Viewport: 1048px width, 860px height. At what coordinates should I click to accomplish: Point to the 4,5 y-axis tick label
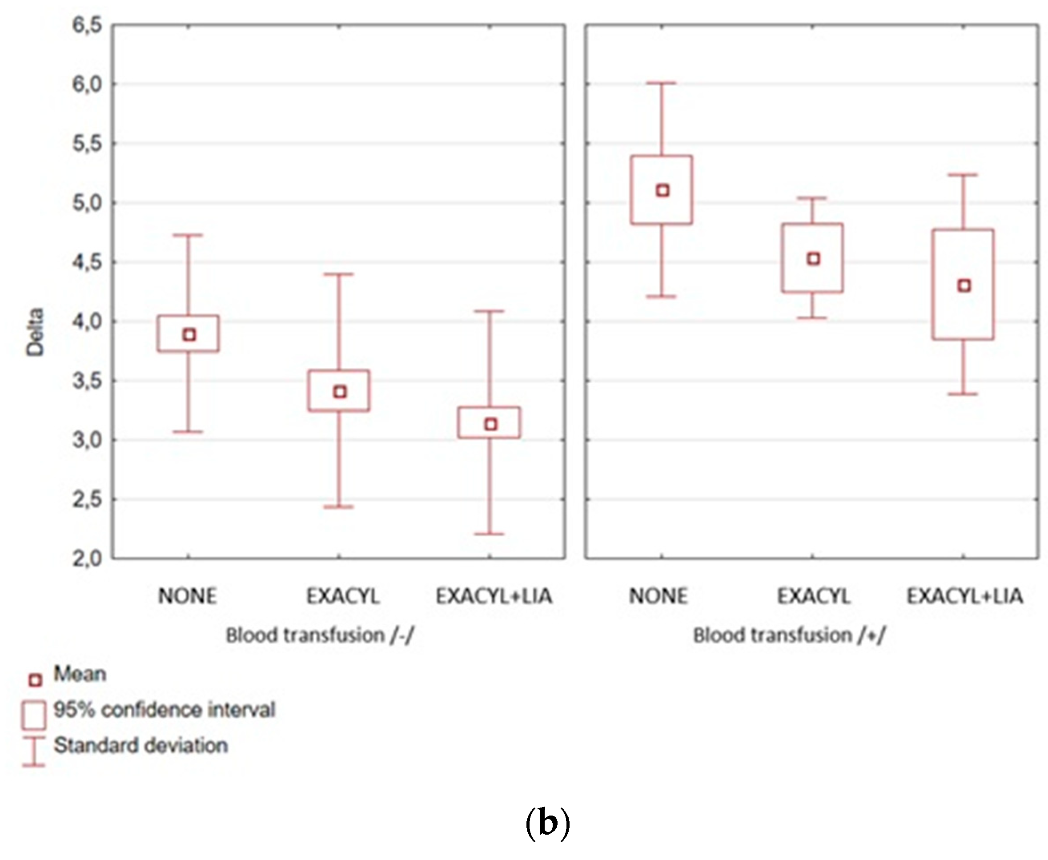click(x=87, y=262)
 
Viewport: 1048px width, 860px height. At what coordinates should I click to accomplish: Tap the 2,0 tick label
click(x=87, y=559)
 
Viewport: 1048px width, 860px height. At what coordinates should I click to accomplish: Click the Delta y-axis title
click(x=35, y=331)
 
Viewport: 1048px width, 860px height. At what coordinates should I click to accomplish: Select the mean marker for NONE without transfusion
click(x=189, y=335)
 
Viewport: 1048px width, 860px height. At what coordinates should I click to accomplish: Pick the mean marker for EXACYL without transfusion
click(x=339, y=392)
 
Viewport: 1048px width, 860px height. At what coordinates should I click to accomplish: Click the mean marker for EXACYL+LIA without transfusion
click(x=490, y=424)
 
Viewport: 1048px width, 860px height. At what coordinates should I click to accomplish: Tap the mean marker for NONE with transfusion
click(x=662, y=191)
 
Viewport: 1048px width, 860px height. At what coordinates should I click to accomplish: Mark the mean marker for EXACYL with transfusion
click(x=813, y=259)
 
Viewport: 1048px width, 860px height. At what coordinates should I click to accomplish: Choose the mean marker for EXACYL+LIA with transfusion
click(x=964, y=285)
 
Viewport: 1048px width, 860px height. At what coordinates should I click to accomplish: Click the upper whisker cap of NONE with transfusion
click(x=662, y=83)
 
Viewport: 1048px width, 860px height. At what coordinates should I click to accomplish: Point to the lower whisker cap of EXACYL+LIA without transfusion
click(x=490, y=534)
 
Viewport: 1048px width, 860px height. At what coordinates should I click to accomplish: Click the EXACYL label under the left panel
click(x=342, y=595)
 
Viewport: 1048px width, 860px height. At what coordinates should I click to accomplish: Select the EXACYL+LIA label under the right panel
click(x=964, y=595)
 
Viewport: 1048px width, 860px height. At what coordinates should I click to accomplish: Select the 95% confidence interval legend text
click(x=164, y=710)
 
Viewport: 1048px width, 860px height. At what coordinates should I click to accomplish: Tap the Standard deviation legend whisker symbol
click(x=34, y=751)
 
